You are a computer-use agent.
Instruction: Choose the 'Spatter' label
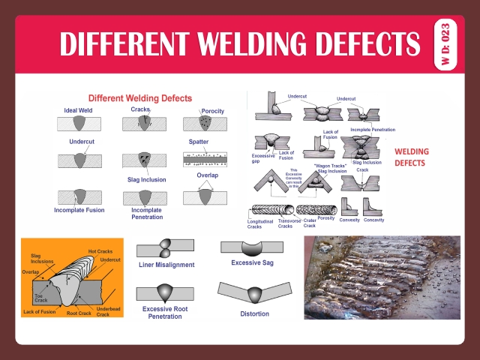(198, 141)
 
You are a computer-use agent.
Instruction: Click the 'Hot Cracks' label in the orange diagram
(100, 251)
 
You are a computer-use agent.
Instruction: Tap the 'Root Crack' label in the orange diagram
(78, 313)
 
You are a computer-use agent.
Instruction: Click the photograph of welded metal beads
(382, 278)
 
